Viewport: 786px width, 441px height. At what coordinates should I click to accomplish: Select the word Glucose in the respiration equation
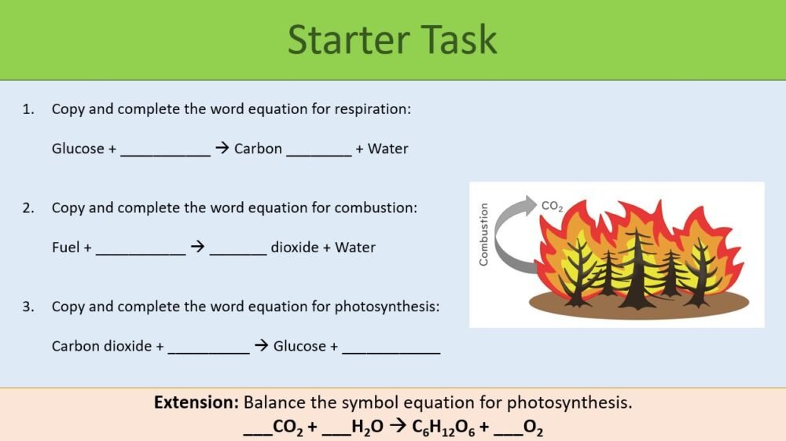[78, 149]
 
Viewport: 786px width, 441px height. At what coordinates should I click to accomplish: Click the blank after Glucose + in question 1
[165, 151]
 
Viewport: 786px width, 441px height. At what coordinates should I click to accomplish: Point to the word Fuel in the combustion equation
[65, 248]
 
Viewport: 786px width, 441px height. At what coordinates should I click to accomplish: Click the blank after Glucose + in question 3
[391, 348]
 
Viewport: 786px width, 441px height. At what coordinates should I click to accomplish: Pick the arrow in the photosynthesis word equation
[261, 346]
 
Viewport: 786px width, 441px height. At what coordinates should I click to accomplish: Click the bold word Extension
[196, 403]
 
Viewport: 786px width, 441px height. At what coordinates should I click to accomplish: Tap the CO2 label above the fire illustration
[552, 206]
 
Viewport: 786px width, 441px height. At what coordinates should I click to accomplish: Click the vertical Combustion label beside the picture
[483, 234]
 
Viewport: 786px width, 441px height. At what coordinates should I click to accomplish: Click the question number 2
[28, 208]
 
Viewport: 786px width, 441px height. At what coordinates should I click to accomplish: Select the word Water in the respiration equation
[387, 149]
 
